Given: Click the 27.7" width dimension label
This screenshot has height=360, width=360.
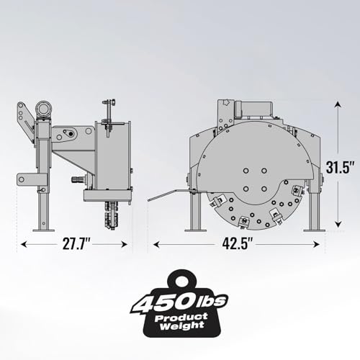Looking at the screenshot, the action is (76, 244).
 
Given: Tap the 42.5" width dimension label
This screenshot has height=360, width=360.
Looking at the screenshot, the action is (238, 244).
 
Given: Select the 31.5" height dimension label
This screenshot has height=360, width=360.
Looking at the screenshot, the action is (340, 167).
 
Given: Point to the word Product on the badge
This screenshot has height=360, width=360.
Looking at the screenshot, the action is (181, 318).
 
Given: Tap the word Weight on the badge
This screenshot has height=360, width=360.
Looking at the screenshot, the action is (181, 326).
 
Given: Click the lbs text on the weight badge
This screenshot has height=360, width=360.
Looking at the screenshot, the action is (212, 300).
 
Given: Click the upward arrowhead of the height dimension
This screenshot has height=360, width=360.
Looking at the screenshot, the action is (338, 105).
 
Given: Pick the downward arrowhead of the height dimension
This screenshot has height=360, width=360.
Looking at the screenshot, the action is (338, 224).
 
